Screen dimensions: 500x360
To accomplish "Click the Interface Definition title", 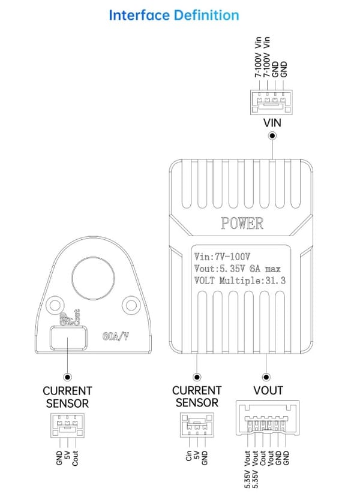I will point(173,16).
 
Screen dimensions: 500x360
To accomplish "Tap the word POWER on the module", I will point(242,224).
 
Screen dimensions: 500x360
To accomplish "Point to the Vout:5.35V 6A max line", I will point(237,268).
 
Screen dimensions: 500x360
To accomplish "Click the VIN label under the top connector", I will point(272,122).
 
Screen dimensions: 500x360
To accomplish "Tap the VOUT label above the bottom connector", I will point(268,390).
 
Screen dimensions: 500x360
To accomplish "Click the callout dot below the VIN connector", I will point(272,136).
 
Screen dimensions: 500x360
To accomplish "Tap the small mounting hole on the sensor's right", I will point(129,305).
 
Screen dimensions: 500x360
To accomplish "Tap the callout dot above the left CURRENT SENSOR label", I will point(67,377).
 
